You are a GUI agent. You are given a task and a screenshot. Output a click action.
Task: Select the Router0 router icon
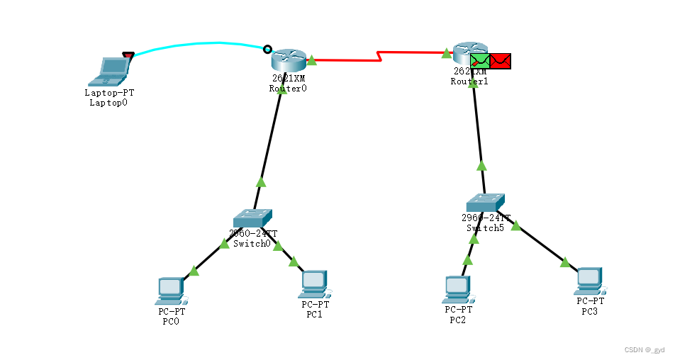pos(288,60)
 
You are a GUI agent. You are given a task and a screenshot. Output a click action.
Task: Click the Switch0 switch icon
pos(252,218)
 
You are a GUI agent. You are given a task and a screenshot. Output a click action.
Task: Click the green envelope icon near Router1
pos(480,62)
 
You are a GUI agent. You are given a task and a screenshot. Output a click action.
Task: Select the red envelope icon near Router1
pos(501,62)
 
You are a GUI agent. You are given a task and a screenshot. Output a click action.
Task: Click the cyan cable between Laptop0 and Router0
pos(199,45)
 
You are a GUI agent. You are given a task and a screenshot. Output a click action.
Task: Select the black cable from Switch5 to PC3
pos(542,244)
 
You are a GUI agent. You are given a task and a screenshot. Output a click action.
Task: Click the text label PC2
pos(458,320)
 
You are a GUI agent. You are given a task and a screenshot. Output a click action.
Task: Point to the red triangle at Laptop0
pos(128,55)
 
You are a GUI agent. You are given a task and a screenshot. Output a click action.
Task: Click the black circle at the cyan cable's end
pos(267,49)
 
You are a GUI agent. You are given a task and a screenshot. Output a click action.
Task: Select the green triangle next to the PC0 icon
pos(193,270)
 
